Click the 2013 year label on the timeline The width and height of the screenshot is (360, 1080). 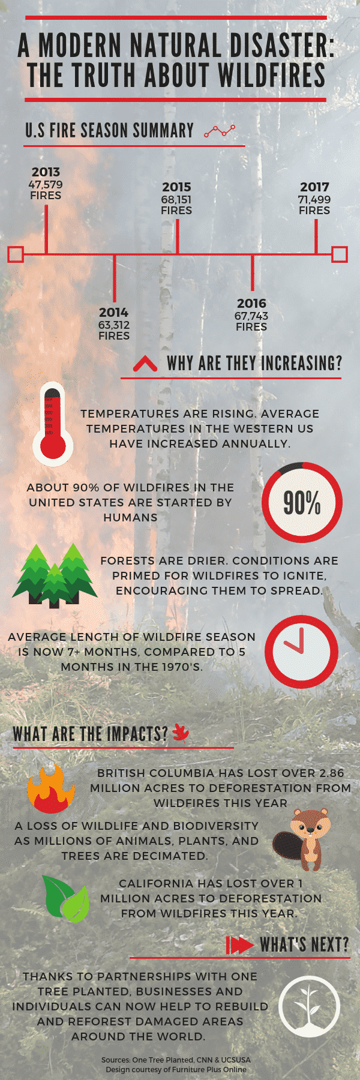(x=46, y=172)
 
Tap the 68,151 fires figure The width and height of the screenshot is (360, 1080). (x=176, y=199)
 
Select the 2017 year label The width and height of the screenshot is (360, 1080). (x=314, y=187)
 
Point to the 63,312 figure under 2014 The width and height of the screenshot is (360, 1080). (x=114, y=325)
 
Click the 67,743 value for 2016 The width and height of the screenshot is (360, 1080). (x=251, y=316)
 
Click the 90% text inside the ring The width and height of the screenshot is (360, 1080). (x=302, y=502)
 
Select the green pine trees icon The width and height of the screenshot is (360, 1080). (x=55, y=576)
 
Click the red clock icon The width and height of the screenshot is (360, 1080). (x=301, y=652)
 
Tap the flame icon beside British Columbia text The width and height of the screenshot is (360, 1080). (x=51, y=788)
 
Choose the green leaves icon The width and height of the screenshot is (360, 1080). (x=66, y=898)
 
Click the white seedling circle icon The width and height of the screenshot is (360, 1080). (x=310, y=1006)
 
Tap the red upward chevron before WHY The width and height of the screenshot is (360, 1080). (x=145, y=364)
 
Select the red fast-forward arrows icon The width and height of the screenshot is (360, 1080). (x=239, y=945)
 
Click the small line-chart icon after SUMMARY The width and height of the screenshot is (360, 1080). (x=219, y=131)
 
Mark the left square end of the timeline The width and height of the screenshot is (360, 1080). (x=16, y=254)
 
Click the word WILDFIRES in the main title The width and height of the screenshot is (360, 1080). (x=272, y=76)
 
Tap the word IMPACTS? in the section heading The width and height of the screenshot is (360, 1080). (x=137, y=733)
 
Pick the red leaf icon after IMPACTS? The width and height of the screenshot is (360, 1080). (x=181, y=732)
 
